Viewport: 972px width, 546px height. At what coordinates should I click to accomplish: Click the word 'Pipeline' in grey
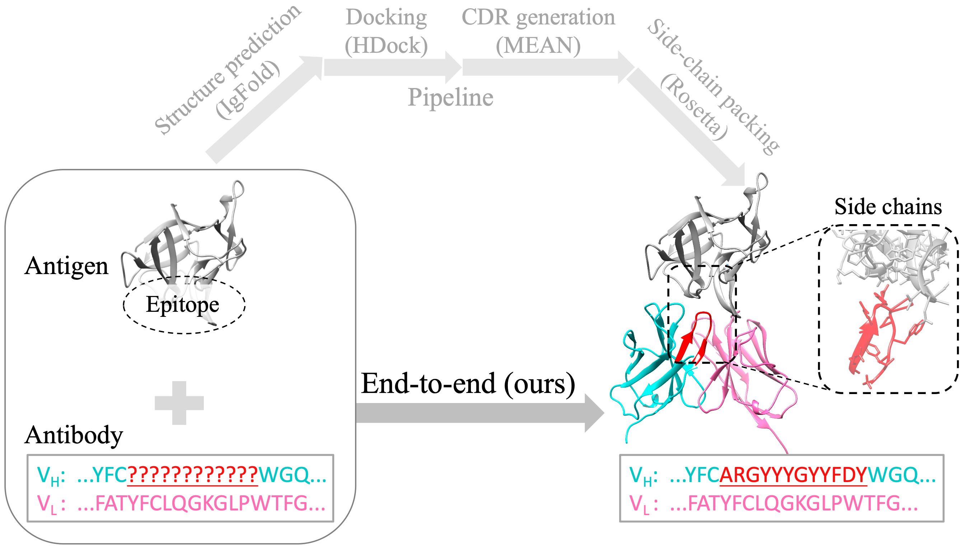tap(450, 97)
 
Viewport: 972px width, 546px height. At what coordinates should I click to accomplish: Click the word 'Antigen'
tap(66, 266)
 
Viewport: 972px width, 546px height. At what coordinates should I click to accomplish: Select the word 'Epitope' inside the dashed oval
tap(182, 304)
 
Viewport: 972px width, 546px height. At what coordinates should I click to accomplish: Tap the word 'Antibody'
tap(74, 435)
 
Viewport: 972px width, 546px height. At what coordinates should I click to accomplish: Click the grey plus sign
tap(179, 403)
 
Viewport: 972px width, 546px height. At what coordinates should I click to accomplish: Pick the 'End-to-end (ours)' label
tap(468, 384)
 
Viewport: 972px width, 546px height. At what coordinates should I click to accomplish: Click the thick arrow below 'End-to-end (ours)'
tap(476, 413)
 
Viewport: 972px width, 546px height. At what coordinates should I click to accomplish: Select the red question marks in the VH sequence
tap(193, 475)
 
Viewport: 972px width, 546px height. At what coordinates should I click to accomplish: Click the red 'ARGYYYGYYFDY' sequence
tap(793, 475)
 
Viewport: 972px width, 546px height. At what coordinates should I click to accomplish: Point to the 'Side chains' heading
tap(888, 207)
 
